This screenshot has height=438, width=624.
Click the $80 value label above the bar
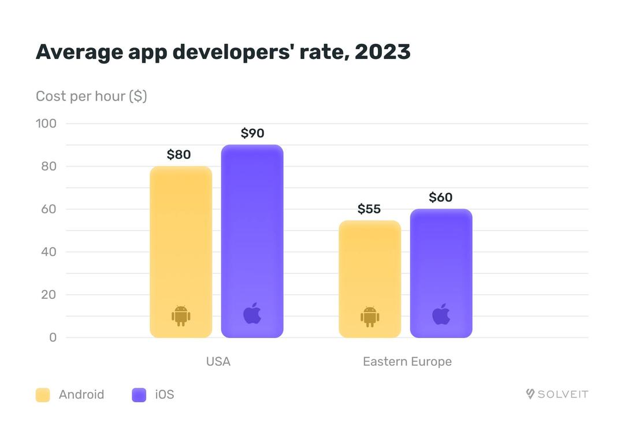pyautogui.click(x=179, y=154)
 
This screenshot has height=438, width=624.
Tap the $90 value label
pyautogui.click(x=252, y=133)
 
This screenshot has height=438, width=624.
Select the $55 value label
pyautogui.click(x=369, y=209)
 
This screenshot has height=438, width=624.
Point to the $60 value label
pyautogui.click(x=441, y=197)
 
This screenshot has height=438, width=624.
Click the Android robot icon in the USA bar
pyautogui.click(x=181, y=315)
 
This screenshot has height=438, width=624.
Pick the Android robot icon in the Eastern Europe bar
pyautogui.click(x=370, y=315)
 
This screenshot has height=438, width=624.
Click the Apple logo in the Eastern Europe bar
pyautogui.click(x=441, y=314)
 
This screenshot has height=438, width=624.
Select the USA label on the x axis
pyautogui.click(x=218, y=361)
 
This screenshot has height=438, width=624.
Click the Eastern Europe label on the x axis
pyautogui.click(x=407, y=361)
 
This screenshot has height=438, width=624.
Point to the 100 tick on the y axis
pyautogui.click(x=46, y=123)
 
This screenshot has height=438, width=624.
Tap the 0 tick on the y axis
pyautogui.click(x=53, y=337)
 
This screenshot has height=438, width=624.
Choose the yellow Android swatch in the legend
pyautogui.click(x=43, y=395)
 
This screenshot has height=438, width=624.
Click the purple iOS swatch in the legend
pyautogui.click(x=139, y=395)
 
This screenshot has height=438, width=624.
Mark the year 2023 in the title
pyautogui.click(x=382, y=51)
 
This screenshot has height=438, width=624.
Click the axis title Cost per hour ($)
pyautogui.click(x=91, y=96)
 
